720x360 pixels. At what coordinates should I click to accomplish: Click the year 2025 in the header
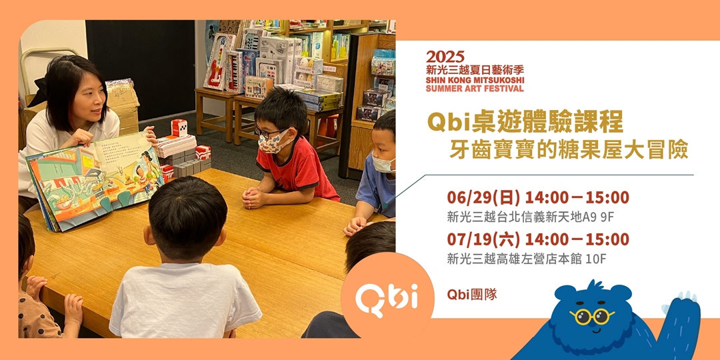pos(445,57)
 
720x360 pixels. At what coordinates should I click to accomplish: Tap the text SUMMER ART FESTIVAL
pos(474,88)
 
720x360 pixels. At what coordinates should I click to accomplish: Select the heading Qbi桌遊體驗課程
pos(525,122)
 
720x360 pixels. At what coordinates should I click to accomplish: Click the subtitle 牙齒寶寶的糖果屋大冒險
pos(569,149)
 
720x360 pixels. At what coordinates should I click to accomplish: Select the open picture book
pos(93,177)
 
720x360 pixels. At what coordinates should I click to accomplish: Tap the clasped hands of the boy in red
pos(256,197)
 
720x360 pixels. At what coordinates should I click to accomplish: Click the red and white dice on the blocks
pos(179,127)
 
